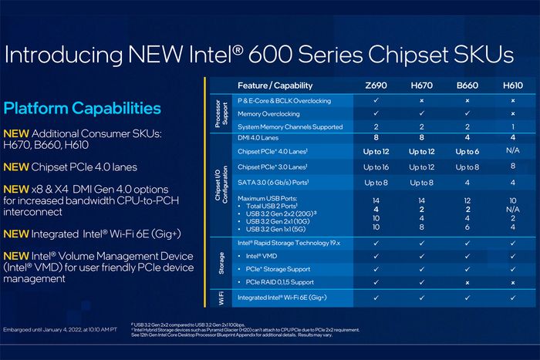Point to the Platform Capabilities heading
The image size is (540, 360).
click(83, 109)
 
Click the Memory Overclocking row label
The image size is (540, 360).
click(269, 114)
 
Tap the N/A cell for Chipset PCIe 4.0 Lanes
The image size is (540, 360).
click(512, 151)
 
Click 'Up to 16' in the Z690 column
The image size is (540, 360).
click(376, 167)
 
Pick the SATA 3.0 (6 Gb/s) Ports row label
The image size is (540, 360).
click(277, 182)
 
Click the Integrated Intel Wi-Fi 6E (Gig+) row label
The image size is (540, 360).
click(282, 297)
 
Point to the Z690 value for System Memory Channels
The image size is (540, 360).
click(376, 126)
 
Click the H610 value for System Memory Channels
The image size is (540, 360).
click(512, 126)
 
